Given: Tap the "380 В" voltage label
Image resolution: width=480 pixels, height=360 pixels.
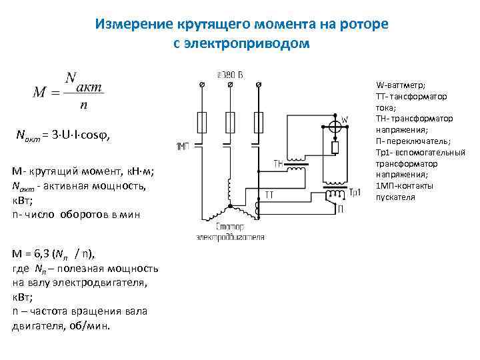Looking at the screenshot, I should pyautogui.click(x=230, y=73).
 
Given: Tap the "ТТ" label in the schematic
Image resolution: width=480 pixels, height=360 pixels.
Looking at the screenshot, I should pyautogui.click(x=270, y=195).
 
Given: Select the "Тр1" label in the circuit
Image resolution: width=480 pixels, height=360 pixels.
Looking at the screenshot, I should pyautogui.click(x=355, y=192).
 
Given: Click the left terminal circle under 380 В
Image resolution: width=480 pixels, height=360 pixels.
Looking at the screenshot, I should pyautogui.click(x=202, y=85).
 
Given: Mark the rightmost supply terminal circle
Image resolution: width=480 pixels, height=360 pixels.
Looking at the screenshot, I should pyautogui.click(x=259, y=85).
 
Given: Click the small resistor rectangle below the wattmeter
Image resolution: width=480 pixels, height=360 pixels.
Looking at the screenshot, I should pyautogui.click(x=336, y=147).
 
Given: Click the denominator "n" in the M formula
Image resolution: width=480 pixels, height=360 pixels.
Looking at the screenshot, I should pyautogui.click(x=81, y=105).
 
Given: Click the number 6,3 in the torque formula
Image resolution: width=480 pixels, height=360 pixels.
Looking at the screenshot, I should pyautogui.click(x=39, y=253).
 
